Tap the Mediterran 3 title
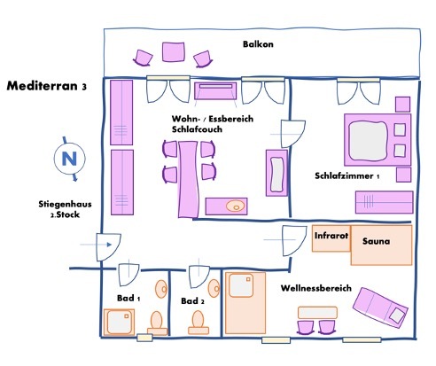pyautogui.click(x=46, y=87)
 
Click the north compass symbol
pyautogui.click(x=67, y=160)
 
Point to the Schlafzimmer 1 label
pyautogui.click(x=346, y=176)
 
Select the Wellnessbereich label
pyautogui.click(x=316, y=289)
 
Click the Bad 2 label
pyautogui.click(x=192, y=301)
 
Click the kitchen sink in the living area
pyautogui.click(x=234, y=206)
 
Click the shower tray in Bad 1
pyautogui.click(x=120, y=322)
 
